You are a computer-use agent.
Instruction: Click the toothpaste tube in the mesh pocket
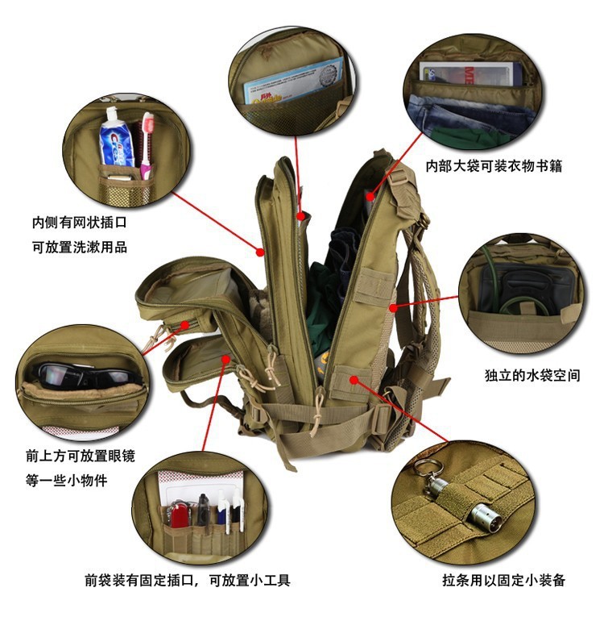[x=116, y=138]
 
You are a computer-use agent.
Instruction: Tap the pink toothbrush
[x=147, y=145]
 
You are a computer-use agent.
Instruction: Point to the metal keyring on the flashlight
[x=428, y=469]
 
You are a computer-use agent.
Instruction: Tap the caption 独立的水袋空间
[x=532, y=375]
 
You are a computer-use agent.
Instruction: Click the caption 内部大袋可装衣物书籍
[x=494, y=165]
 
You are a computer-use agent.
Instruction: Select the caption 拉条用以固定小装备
[x=503, y=580]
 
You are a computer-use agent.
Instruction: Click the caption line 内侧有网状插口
[x=80, y=223]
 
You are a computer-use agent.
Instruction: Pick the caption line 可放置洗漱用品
[x=80, y=247]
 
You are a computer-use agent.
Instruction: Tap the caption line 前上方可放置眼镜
[x=81, y=456]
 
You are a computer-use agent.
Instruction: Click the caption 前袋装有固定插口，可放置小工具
[x=188, y=580]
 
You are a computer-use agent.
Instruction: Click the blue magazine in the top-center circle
[x=293, y=81]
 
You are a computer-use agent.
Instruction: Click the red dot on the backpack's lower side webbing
[x=354, y=380]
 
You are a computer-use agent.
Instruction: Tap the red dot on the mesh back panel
[x=393, y=308]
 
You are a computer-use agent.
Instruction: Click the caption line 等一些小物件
[x=66, y=480]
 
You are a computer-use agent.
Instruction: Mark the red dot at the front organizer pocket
[x=225, y=359]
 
